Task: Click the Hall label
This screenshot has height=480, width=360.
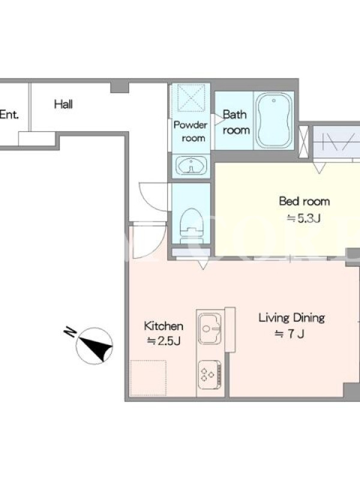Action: coord(64,104)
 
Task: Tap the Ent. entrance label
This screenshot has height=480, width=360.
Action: coord(9,115)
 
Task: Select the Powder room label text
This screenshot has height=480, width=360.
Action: coord(190,131)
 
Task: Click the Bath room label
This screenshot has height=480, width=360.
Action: coord(236,122)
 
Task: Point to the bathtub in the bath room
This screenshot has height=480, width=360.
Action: coord(274,121)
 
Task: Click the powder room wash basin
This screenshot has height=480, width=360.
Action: coord(191,166)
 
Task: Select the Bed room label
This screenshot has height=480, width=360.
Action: coord(304,201)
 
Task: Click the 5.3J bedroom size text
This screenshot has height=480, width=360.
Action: coord(304,218)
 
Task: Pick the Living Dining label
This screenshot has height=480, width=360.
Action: coord(292,317)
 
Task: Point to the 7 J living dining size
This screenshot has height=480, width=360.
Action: coord(289,334)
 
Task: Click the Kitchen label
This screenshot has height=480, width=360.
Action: coord(163,326)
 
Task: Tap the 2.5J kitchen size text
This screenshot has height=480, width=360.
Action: coord(163,341)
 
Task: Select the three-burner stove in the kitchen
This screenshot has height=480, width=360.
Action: coord(209,374)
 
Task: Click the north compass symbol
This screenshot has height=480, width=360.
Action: coord(94,346)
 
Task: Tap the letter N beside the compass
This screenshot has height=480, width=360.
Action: coord(70,332)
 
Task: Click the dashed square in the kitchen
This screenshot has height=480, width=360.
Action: coord(148,378)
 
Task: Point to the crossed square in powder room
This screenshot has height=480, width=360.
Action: coord(191,97)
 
